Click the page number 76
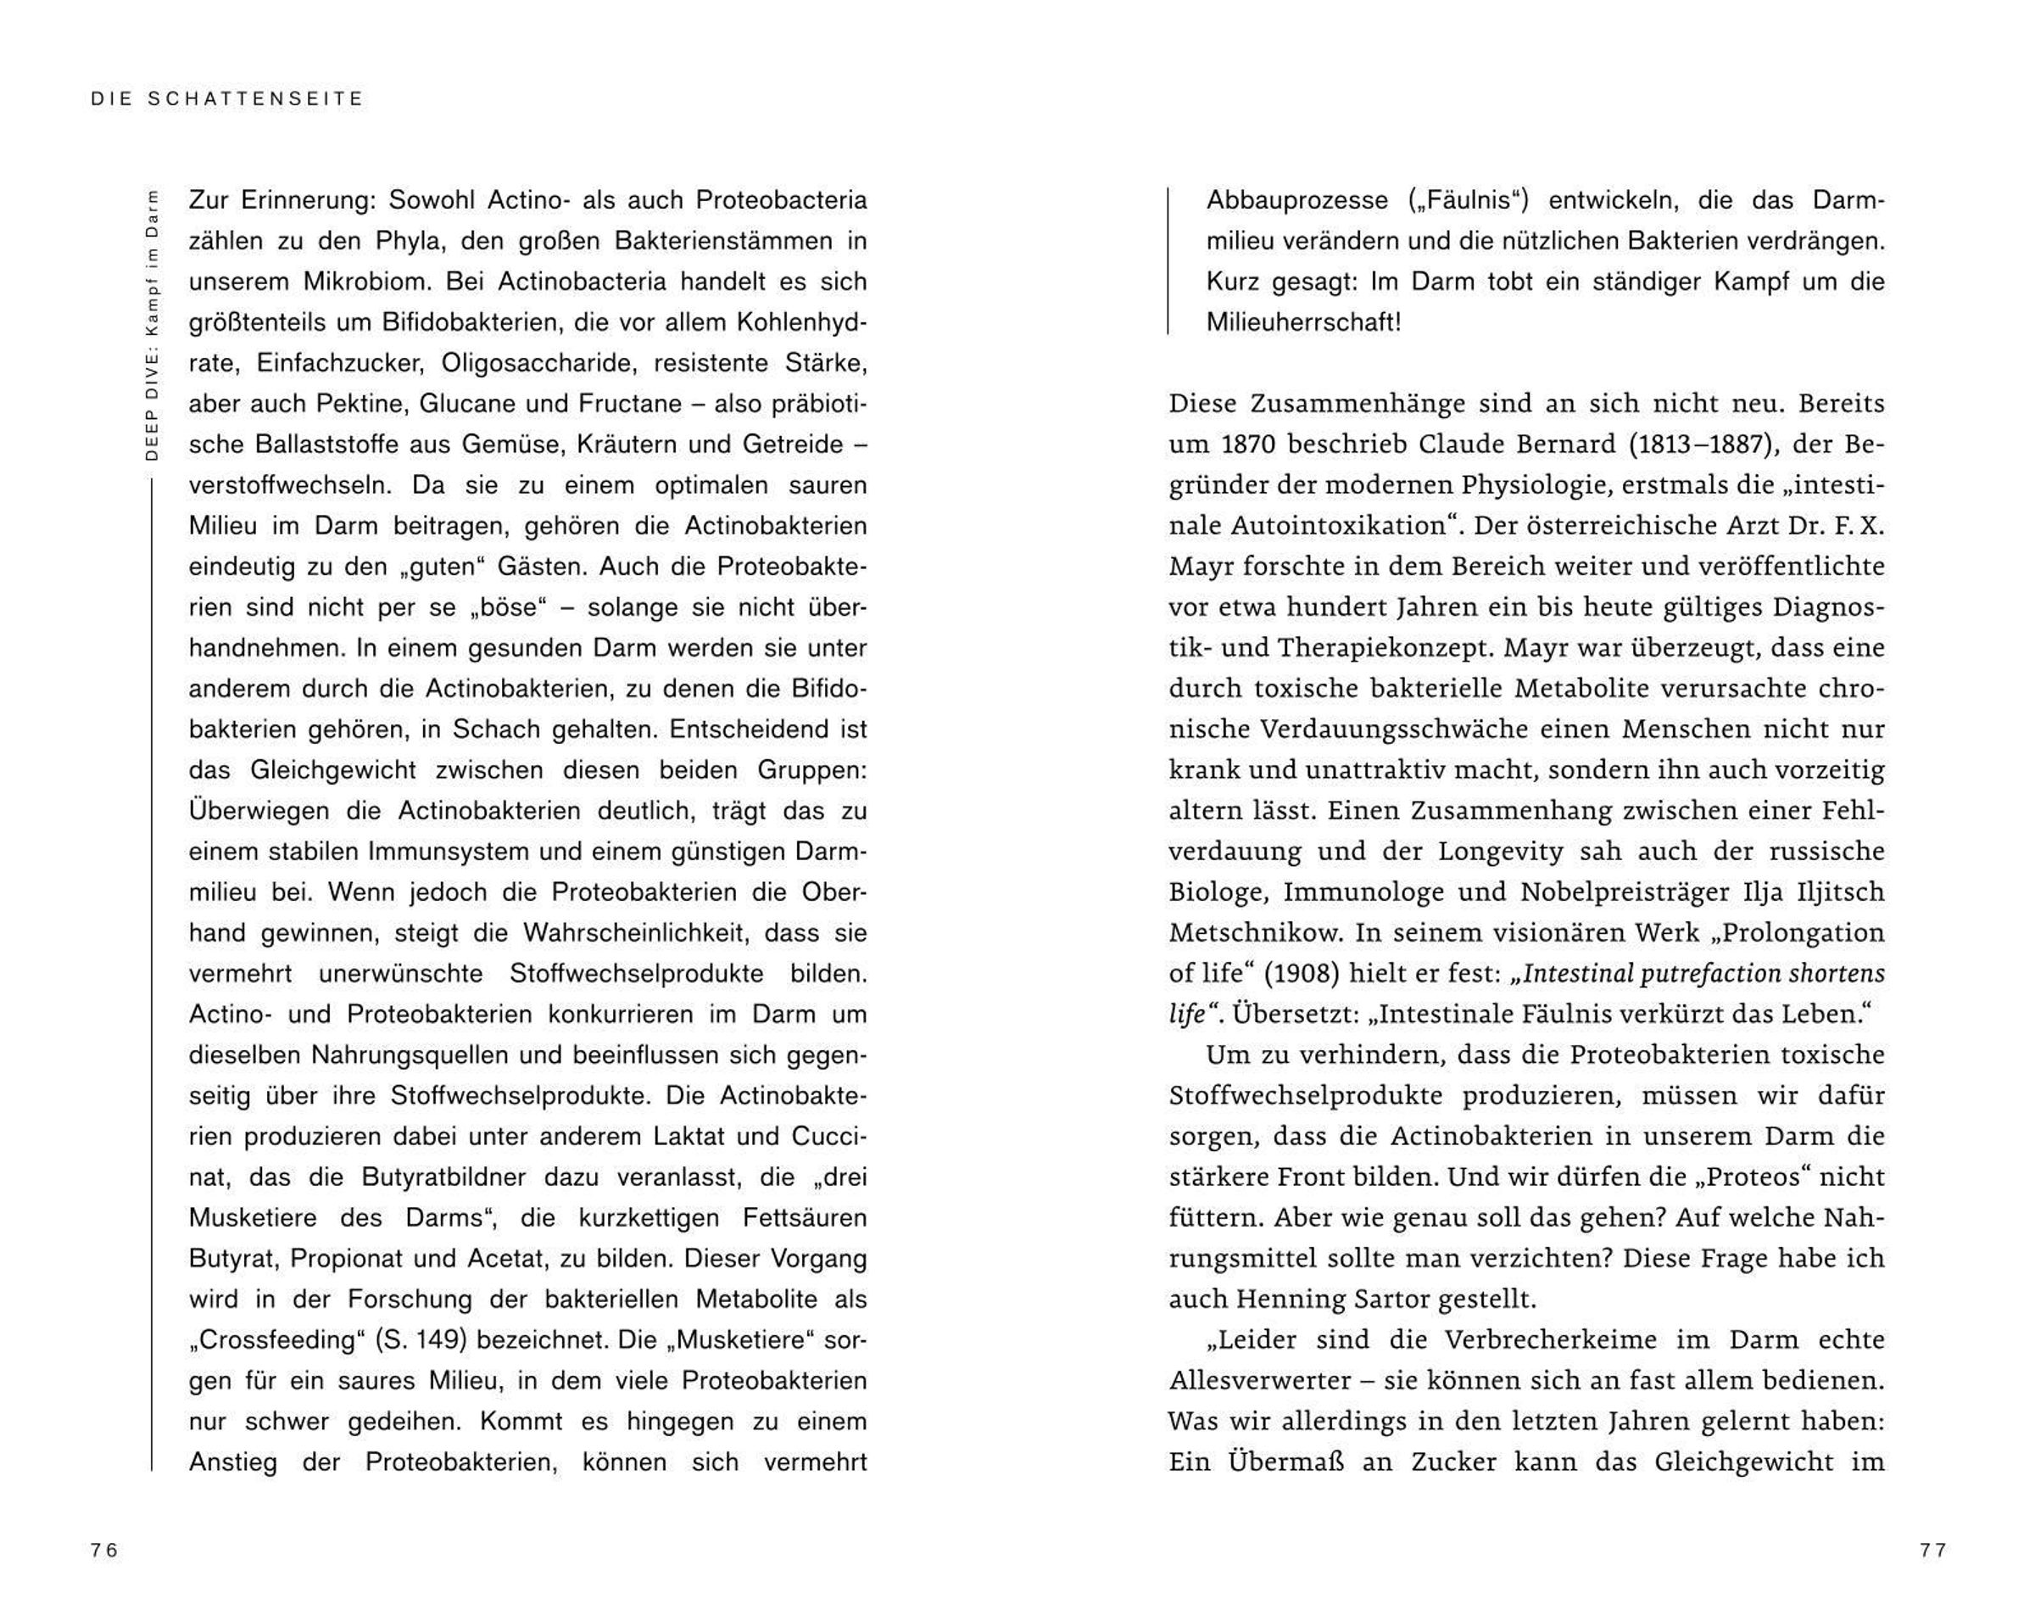(103, 1551)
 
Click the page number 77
(1933, 1551)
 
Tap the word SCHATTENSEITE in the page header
(256, 98)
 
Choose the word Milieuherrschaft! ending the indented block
(1303, 322)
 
